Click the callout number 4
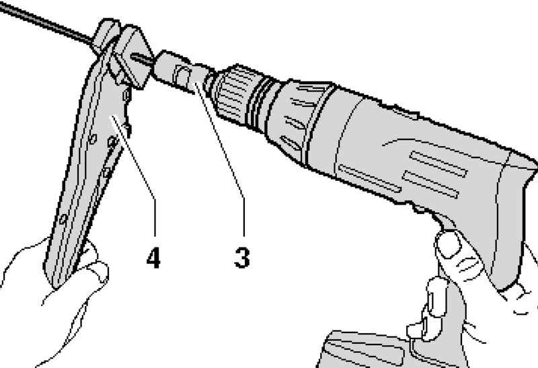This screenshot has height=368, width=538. click(153, 258)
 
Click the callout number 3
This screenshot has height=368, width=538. click(242, 258)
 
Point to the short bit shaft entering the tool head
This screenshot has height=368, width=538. click(143, 59)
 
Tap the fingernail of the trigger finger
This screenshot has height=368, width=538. click(449, 244)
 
